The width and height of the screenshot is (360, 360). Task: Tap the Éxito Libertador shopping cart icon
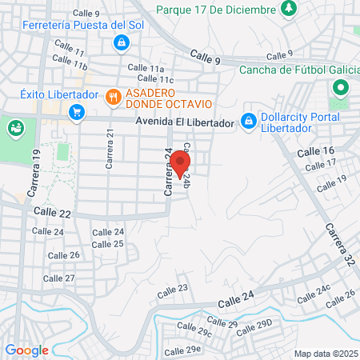click(77, 112)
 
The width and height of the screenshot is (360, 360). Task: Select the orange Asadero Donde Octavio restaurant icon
click(113, 98)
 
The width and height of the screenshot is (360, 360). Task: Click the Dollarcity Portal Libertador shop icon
click(249, 120)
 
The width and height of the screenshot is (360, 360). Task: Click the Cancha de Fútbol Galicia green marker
click(341, 88)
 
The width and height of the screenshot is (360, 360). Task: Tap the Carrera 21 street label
click(110, 149)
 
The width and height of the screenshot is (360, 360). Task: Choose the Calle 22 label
click(53, 212)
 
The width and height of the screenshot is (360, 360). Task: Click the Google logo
click(26, 350)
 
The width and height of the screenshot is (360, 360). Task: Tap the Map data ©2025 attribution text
click(325, 354)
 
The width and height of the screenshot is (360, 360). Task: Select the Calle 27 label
click(58, 278)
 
